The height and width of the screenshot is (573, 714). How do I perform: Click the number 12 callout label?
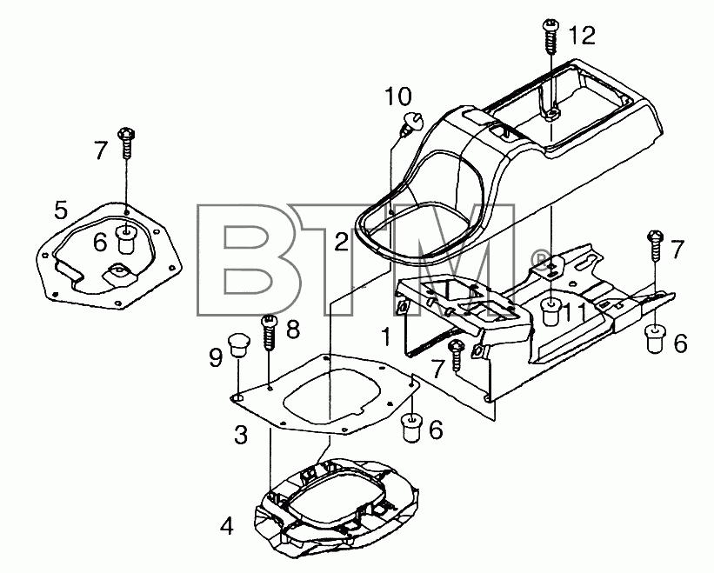(x=582, y=36)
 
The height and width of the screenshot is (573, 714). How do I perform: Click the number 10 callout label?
(x=398, y=97)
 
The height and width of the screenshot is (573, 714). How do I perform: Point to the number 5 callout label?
(x=61, y=210)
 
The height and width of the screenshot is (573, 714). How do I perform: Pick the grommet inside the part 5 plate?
(x=126, y=239)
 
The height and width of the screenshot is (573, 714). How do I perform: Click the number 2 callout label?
(x=341, y=241)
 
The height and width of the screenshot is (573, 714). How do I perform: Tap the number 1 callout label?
(x=386, y=337)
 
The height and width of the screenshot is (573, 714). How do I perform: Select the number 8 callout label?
(x=292, y=330)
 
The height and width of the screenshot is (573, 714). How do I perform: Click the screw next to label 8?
(x=269, y=333)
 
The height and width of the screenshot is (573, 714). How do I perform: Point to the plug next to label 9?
(x=239, y=346)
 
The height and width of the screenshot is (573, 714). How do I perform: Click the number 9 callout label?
(x=216, y=357)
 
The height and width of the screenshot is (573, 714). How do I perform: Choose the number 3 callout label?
(x=241, y=435)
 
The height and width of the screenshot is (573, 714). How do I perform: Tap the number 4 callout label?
(x=227, y=527)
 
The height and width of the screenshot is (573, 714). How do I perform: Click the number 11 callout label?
(x=576, y=313)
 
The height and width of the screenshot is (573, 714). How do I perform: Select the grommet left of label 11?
(x=551, y=311)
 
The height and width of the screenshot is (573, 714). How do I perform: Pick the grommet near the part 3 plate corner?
(x=411, y=428)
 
